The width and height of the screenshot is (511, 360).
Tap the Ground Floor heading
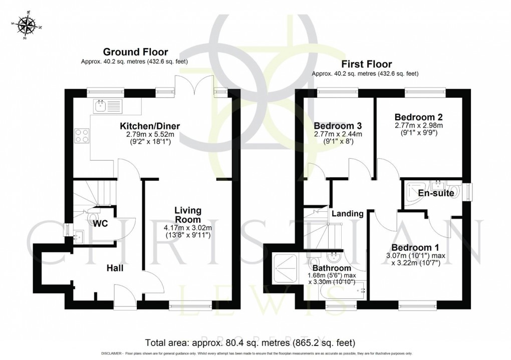click(135, 52)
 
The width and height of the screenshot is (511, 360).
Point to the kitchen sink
click(106, 106)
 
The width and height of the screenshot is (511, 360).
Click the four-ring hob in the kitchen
click(82, 136)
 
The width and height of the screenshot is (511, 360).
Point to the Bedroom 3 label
click(338, 125)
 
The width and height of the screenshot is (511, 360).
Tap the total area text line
click(250, 343)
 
